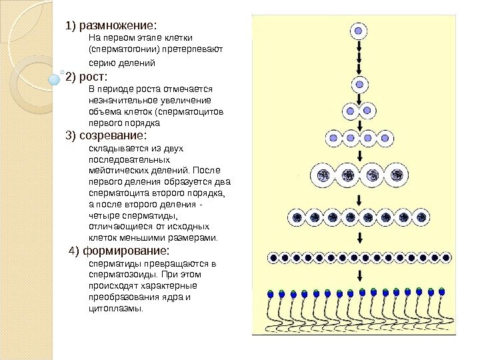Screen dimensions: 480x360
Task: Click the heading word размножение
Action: point(116,26)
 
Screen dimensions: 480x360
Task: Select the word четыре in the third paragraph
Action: point(101,216)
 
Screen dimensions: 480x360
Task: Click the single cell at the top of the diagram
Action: point(359,31)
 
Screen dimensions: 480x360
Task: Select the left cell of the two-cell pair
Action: point(351,111)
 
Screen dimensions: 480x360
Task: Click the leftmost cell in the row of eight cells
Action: point(297,217)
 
